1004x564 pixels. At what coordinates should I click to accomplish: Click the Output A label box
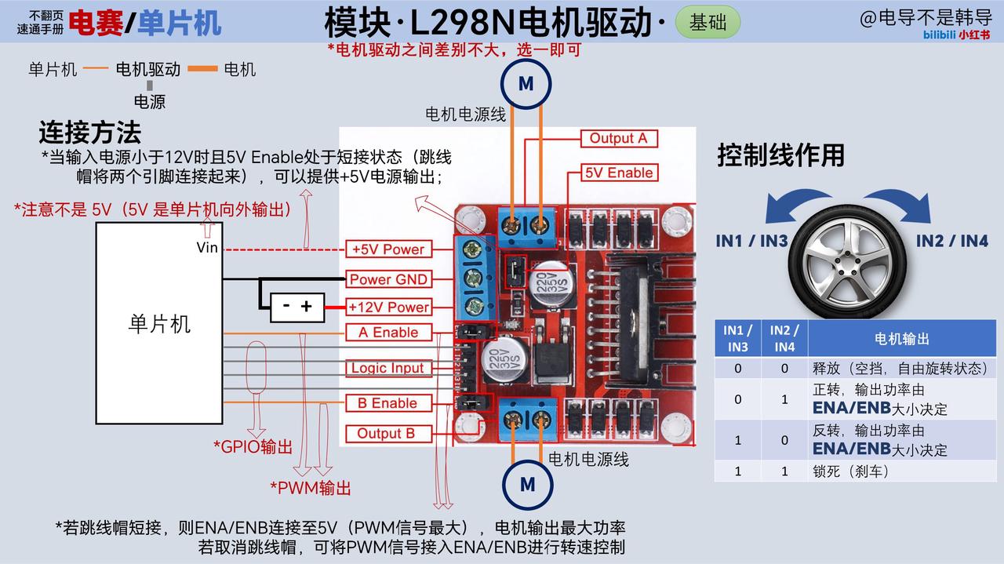619,138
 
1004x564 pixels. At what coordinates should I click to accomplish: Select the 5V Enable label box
619,173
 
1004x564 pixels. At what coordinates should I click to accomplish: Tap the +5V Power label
388,249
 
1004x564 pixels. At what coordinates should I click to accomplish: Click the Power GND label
388,279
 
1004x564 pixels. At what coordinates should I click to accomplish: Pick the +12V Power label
388,307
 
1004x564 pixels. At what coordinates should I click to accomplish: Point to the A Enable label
388,333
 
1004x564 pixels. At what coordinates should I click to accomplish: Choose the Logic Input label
388,368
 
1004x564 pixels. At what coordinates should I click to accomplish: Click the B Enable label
388,403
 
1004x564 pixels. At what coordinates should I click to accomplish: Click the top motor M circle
526,84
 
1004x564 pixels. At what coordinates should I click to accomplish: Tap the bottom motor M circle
528,485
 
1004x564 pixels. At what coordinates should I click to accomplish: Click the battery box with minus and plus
297,307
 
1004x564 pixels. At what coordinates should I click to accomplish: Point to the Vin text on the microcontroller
207,247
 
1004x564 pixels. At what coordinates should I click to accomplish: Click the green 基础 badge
708,22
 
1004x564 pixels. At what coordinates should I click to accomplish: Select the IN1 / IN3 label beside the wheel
751,241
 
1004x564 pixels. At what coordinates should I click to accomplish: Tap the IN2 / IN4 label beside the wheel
952,241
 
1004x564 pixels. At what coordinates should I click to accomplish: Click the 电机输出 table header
902,339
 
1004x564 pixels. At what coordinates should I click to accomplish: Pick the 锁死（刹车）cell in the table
851,471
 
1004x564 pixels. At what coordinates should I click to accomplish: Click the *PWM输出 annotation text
310,488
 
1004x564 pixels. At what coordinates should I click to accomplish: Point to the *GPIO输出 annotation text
253,447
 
